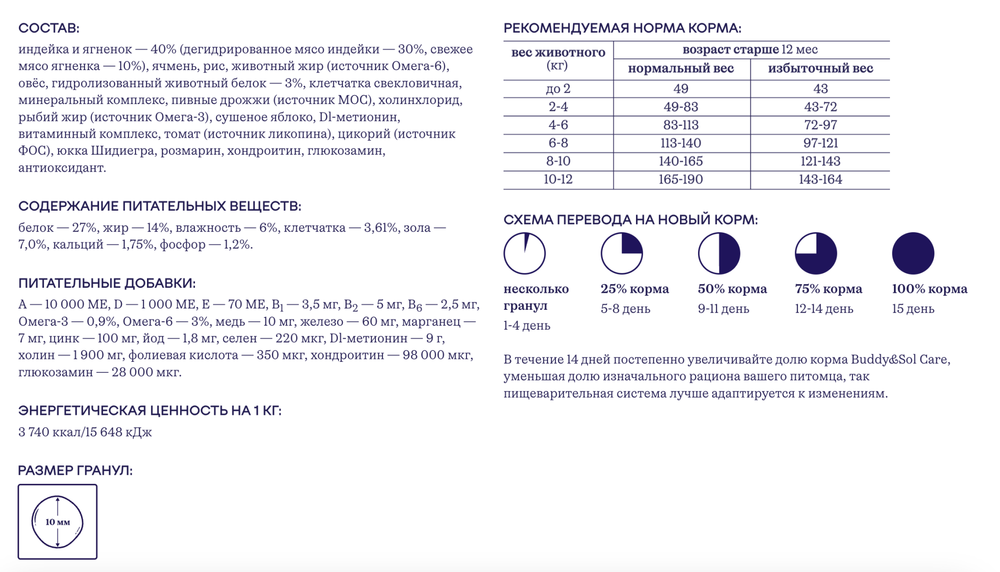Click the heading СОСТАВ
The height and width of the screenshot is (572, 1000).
click(48, 28)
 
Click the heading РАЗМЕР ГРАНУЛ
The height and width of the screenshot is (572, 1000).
click(75, 470)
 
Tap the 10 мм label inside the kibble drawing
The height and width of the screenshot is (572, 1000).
click(57, 522)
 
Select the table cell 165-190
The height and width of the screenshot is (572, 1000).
click(680, 180)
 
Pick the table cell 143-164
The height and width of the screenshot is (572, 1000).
click(820, 180)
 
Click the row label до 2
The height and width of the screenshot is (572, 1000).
click(558, 89)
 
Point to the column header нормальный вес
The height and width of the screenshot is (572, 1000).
click(680, 69)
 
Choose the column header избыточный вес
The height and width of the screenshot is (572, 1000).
click(820, 69)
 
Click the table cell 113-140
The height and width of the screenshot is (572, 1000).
click(680, 143)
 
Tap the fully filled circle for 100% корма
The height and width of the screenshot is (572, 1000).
click(912, 253)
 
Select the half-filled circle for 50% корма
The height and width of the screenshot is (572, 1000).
click(718, 253)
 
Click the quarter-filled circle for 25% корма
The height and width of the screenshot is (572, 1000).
click(621, 253)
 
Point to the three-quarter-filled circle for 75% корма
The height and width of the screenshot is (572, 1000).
click(815, 253)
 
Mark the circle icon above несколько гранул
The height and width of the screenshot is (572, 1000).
click(524, 253)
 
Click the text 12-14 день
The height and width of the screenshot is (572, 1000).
click(823, 309)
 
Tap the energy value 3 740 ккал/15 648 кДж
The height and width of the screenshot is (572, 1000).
click(85, 432)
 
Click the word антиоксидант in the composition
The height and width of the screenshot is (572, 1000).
click(62, 168)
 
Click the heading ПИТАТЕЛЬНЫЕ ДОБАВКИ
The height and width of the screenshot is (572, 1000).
click(106, 283)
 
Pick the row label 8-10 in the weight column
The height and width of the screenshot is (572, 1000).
click(558, 161)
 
